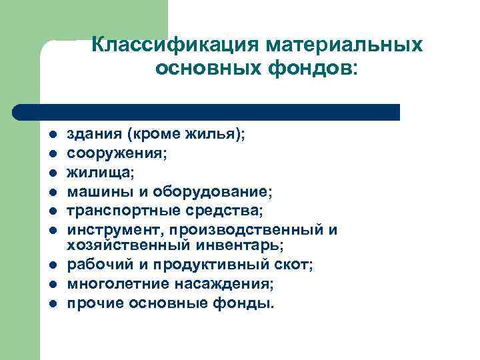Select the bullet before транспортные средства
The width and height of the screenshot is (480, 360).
click(51, 211)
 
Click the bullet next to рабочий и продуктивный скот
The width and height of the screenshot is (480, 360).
click(51, 266)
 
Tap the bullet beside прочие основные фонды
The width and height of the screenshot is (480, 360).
click(51, 304)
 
